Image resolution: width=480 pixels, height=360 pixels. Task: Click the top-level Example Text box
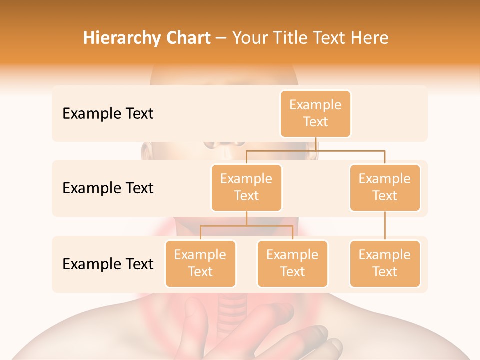pyautogui.click(x=315, y=113)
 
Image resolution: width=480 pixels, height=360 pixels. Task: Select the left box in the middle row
pyautogui.click(x=246, y=187)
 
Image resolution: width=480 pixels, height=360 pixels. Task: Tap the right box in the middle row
pyautogui.click(x=385, y=187)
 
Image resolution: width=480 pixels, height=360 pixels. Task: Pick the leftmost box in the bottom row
pyautogui.click(x=200, y=263)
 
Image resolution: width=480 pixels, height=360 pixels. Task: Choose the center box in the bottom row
pyautogui.click(x=292, y=263)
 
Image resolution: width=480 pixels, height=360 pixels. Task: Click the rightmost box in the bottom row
pyautogui.click(x=385, y=263)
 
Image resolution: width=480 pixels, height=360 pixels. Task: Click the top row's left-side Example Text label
pyautogui.click(x=108, y=114)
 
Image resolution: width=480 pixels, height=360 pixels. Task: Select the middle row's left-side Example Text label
pyautogui.click(x=108, y=188)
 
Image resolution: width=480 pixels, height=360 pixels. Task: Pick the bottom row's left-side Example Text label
pyautogui.click(x=108, y=264)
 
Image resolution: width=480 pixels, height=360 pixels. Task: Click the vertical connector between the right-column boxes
pyautogui.click(x=385, y=226)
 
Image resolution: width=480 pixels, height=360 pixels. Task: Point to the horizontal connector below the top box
pyautogui.click(x=315, y=150)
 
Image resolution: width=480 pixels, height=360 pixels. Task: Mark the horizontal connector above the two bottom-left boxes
pyautogui.click(x=246, y=226)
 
